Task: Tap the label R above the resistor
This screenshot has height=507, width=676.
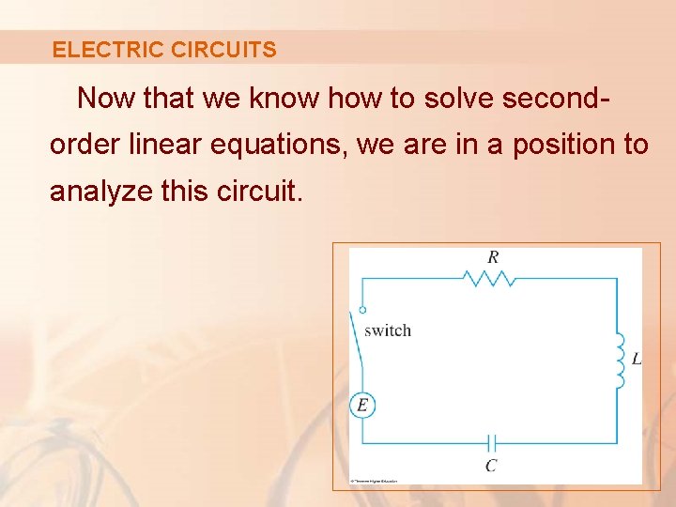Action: tap(493, 256)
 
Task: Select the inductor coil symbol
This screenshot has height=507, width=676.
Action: tap(620, 360)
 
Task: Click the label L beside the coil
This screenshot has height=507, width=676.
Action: tap(637, 360)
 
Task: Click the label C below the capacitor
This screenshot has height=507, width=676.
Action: tap(491, 466)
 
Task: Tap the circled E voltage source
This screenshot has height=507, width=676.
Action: tap(362, 406)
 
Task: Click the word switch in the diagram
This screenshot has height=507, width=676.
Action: tap(387, 330)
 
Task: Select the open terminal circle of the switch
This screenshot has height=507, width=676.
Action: tap(362, 309)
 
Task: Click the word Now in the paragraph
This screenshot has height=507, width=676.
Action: tap(106, 99)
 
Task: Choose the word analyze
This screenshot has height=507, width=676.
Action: tap(100, 192)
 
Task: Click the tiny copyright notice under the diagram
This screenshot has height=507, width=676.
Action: tap(374, 481)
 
